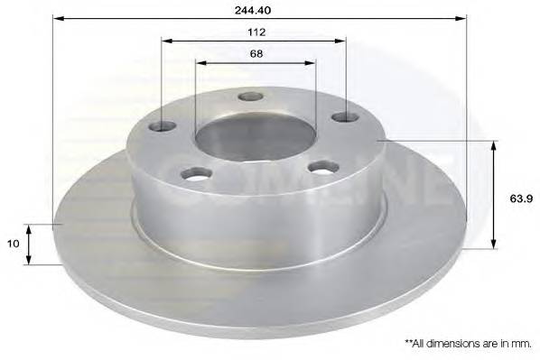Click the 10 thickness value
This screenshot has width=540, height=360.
pyautogui.click(x=13, y=244)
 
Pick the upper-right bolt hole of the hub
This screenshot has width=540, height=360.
pyautogui.click(x=340, y=116)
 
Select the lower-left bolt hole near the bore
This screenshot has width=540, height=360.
pyautogui.click(x=191, y=173)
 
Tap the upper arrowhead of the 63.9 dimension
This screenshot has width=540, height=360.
pyautogui.click(x=494, y=146)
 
